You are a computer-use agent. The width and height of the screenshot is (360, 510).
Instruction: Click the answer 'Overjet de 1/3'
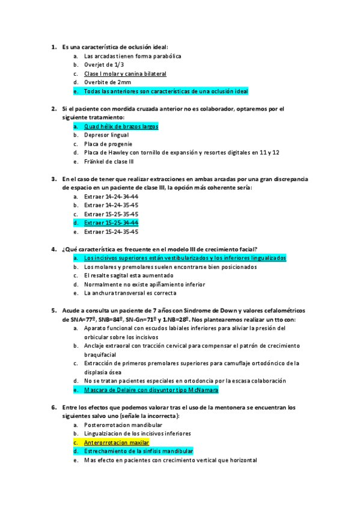(x=105, y=65)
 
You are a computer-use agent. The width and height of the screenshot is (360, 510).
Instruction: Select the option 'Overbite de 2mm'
(x=108, y=82)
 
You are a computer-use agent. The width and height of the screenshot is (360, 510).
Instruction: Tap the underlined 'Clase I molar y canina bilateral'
(x=125, y=74)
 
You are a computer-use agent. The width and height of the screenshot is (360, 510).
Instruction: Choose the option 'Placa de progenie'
(x=108, y=144)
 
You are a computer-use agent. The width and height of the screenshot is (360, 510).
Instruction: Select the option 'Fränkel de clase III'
(x=109, y=162)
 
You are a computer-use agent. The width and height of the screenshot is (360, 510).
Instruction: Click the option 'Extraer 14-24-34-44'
(x=111, y=197)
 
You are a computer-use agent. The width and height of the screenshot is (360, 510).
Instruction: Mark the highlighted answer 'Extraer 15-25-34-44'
(x=111, y=223)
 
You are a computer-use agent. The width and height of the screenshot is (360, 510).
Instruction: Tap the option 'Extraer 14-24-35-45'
(x=111, y=205)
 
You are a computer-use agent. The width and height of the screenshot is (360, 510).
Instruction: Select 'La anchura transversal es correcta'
(x=130, y=293)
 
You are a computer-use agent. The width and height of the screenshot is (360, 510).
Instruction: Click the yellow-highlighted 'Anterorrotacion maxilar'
(x=116, y=442)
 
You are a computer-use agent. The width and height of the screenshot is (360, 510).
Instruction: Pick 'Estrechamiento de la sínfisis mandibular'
(x=138, y=451)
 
